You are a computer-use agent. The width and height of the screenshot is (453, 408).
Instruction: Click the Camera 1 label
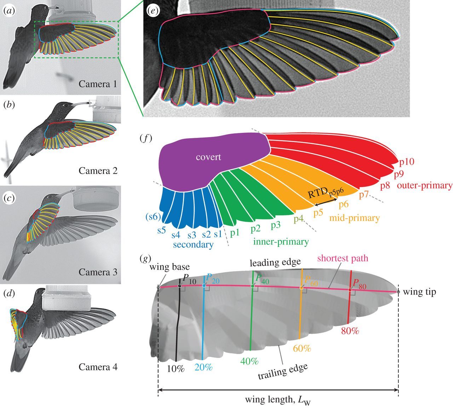tap(98, 84)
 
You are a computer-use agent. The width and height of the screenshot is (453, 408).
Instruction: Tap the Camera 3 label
tap(98, 272)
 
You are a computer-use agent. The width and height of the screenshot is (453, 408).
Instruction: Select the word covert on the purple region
tap(209, 157)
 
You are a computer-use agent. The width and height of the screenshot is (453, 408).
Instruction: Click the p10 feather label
tap(407, 162)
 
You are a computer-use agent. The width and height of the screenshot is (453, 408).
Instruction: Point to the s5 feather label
tap(162, 230)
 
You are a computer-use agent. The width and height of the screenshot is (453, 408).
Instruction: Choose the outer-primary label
tap(425, 185)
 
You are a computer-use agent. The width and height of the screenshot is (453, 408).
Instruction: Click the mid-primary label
tap(355, 218)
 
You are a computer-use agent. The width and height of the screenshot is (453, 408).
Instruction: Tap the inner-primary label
tap(281, 242)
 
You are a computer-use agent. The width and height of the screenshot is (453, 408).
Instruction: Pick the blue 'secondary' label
tap(193, 245)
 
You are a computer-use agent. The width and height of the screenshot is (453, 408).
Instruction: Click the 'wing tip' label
tap(419, 292)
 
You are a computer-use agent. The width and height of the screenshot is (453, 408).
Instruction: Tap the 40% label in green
tap(250, 361)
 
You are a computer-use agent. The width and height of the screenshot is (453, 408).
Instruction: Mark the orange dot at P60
tap(302, 288)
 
